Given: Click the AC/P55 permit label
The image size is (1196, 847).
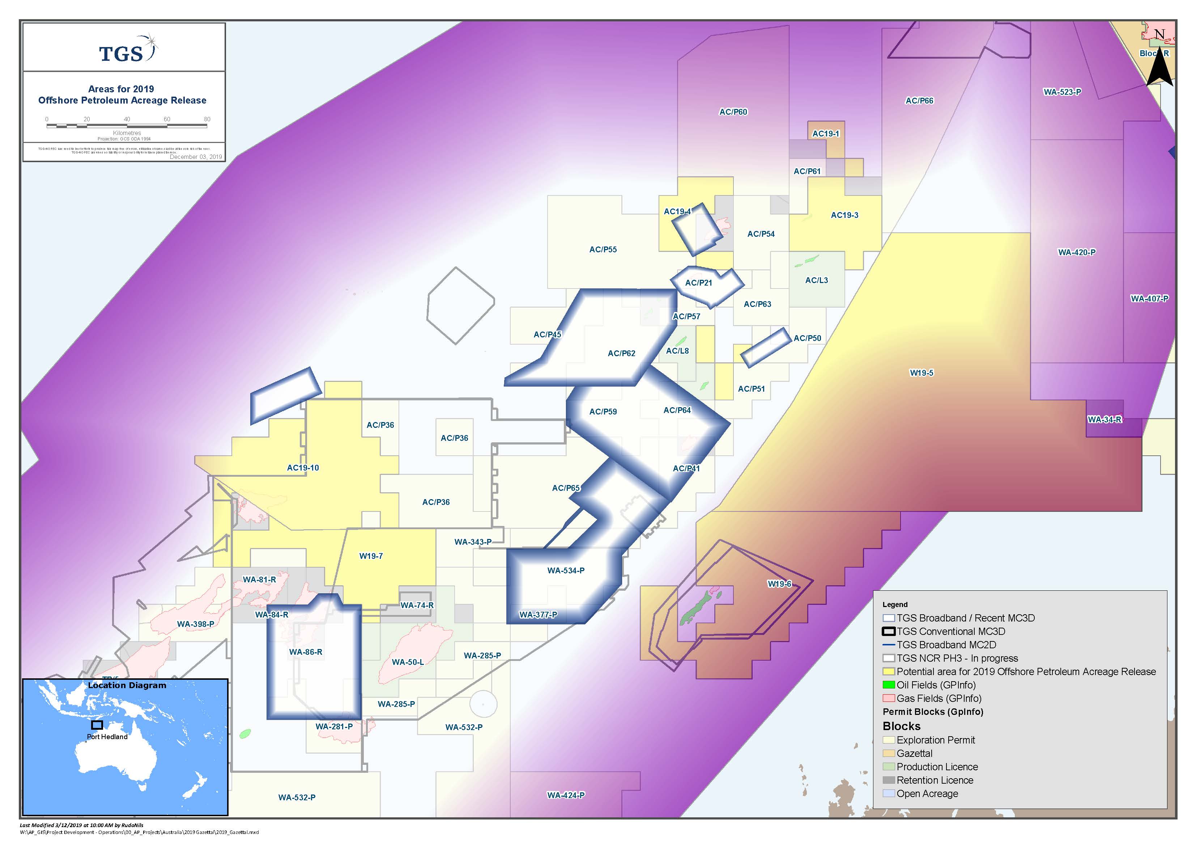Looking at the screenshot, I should point(603,250).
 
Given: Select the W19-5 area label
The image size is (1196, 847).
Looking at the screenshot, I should point(922,373).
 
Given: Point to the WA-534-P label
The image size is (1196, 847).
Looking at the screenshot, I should point(566,570).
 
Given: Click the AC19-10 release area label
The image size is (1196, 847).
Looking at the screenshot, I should point(303,468).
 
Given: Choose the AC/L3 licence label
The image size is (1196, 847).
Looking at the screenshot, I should point(816,281).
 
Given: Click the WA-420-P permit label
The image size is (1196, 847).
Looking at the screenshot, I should point(1077,252).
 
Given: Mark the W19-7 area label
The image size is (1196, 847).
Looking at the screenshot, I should point(371,556).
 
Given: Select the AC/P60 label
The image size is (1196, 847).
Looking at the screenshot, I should point(733,111).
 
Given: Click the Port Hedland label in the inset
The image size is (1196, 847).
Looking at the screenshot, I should point(107,737).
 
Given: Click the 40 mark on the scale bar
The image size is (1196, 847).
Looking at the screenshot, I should point(127,119).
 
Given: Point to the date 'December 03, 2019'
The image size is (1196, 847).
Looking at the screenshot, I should point(195,156).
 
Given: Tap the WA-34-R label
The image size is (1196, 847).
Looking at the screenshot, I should point(1104,419).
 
